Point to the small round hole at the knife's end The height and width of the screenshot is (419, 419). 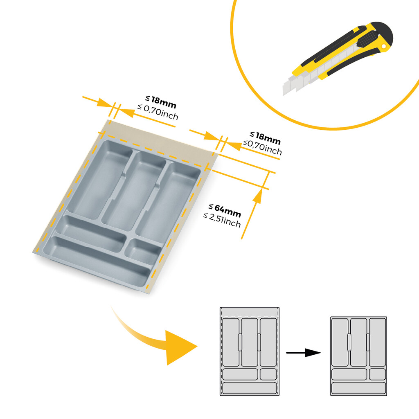coord(384,48)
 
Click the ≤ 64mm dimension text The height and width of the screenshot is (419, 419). coord(225,211)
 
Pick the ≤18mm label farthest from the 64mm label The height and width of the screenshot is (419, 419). coord(161,101)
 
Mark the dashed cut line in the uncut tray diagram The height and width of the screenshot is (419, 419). coord(250,317)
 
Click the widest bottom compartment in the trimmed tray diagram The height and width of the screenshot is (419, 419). coord(359,388)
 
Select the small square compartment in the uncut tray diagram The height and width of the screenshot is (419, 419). coord(268,374)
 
